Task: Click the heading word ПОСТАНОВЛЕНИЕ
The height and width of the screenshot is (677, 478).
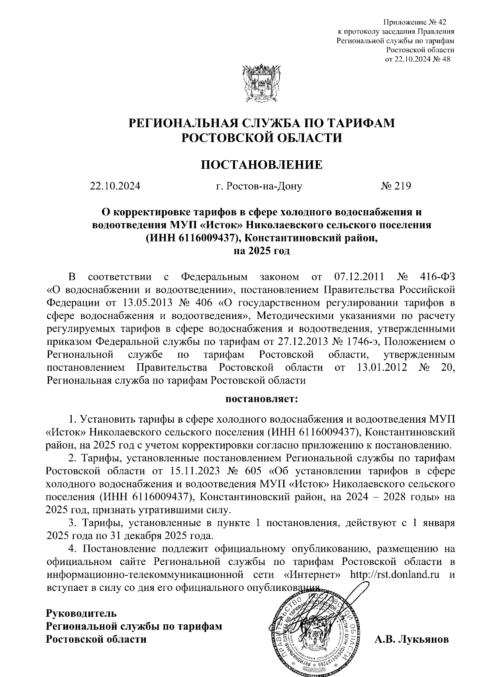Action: (261, 164)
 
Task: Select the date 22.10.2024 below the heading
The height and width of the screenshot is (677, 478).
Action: (116, 186)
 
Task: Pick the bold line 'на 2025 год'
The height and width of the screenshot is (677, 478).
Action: (261, 251)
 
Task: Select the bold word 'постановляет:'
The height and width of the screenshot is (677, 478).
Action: (261, 399)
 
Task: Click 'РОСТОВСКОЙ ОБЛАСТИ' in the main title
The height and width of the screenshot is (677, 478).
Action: (261, 138)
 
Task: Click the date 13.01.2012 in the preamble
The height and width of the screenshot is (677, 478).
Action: (382, 367)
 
